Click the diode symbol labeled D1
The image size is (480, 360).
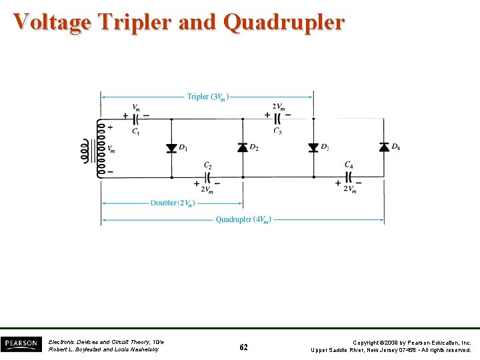point(171,147)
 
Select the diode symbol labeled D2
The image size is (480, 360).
point(242,147)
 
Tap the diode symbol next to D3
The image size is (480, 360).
point(313,147)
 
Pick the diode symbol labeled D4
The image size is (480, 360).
point(384,147)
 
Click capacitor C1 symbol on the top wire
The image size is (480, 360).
point(136,119)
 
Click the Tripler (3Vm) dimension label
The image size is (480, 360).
point(207,97)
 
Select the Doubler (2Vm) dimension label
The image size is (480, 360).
point(171,203)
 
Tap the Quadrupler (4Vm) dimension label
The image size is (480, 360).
point(243,219)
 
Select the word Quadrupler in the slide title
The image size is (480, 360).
point(284,22)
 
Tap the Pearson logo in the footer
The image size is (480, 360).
point(20,345)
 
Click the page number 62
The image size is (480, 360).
point(243,347)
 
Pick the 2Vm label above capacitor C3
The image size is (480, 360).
point(278,106)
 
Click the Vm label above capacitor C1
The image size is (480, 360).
point(136,107)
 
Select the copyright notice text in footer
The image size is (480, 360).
point(391,346)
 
